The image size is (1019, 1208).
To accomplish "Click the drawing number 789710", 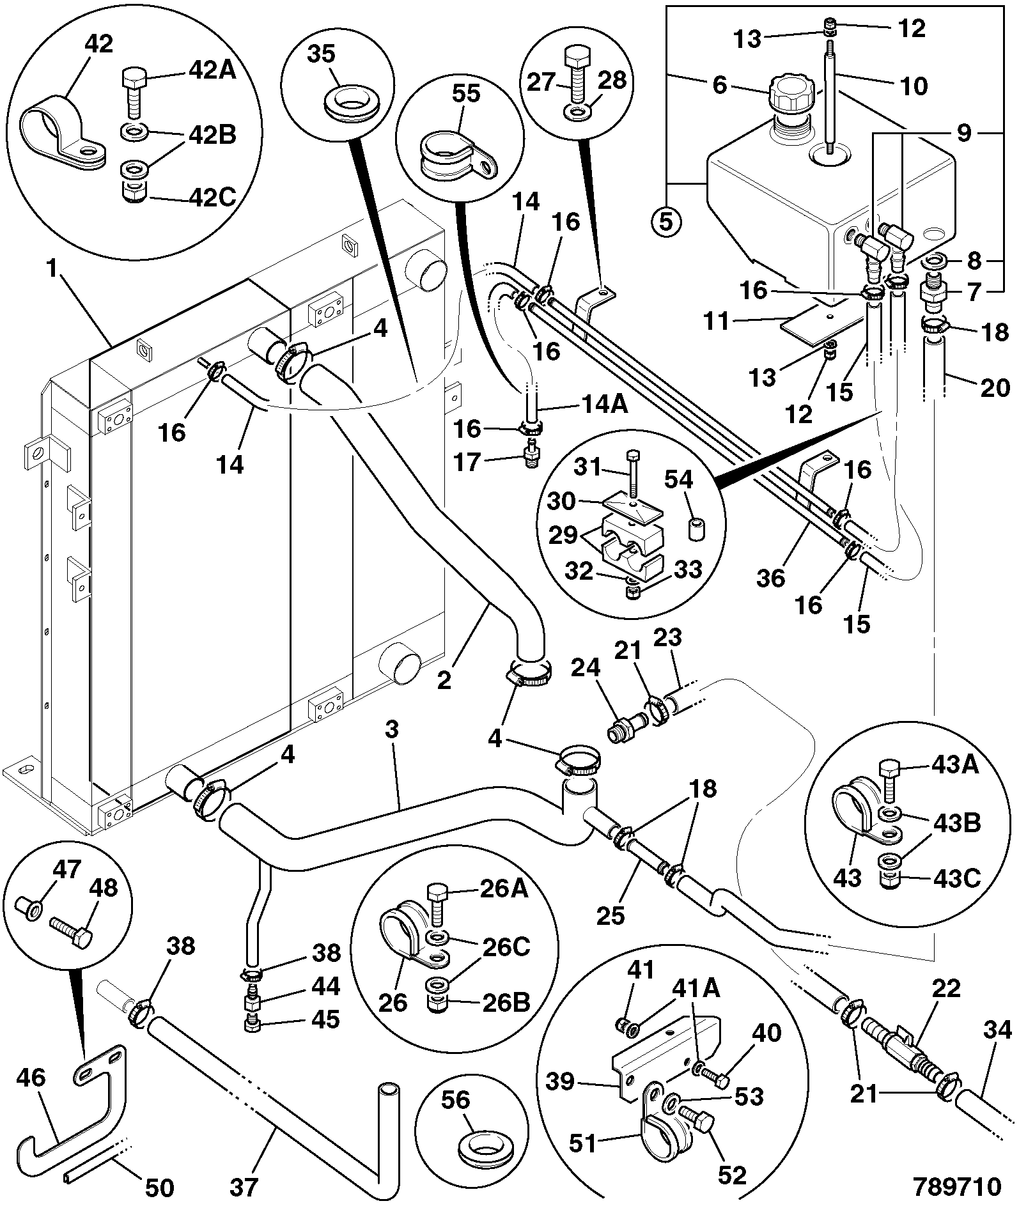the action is (x=956, y=1186).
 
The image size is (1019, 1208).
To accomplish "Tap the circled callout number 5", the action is (x=666, y=222).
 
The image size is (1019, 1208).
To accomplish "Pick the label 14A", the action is (x=604, y=405).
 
